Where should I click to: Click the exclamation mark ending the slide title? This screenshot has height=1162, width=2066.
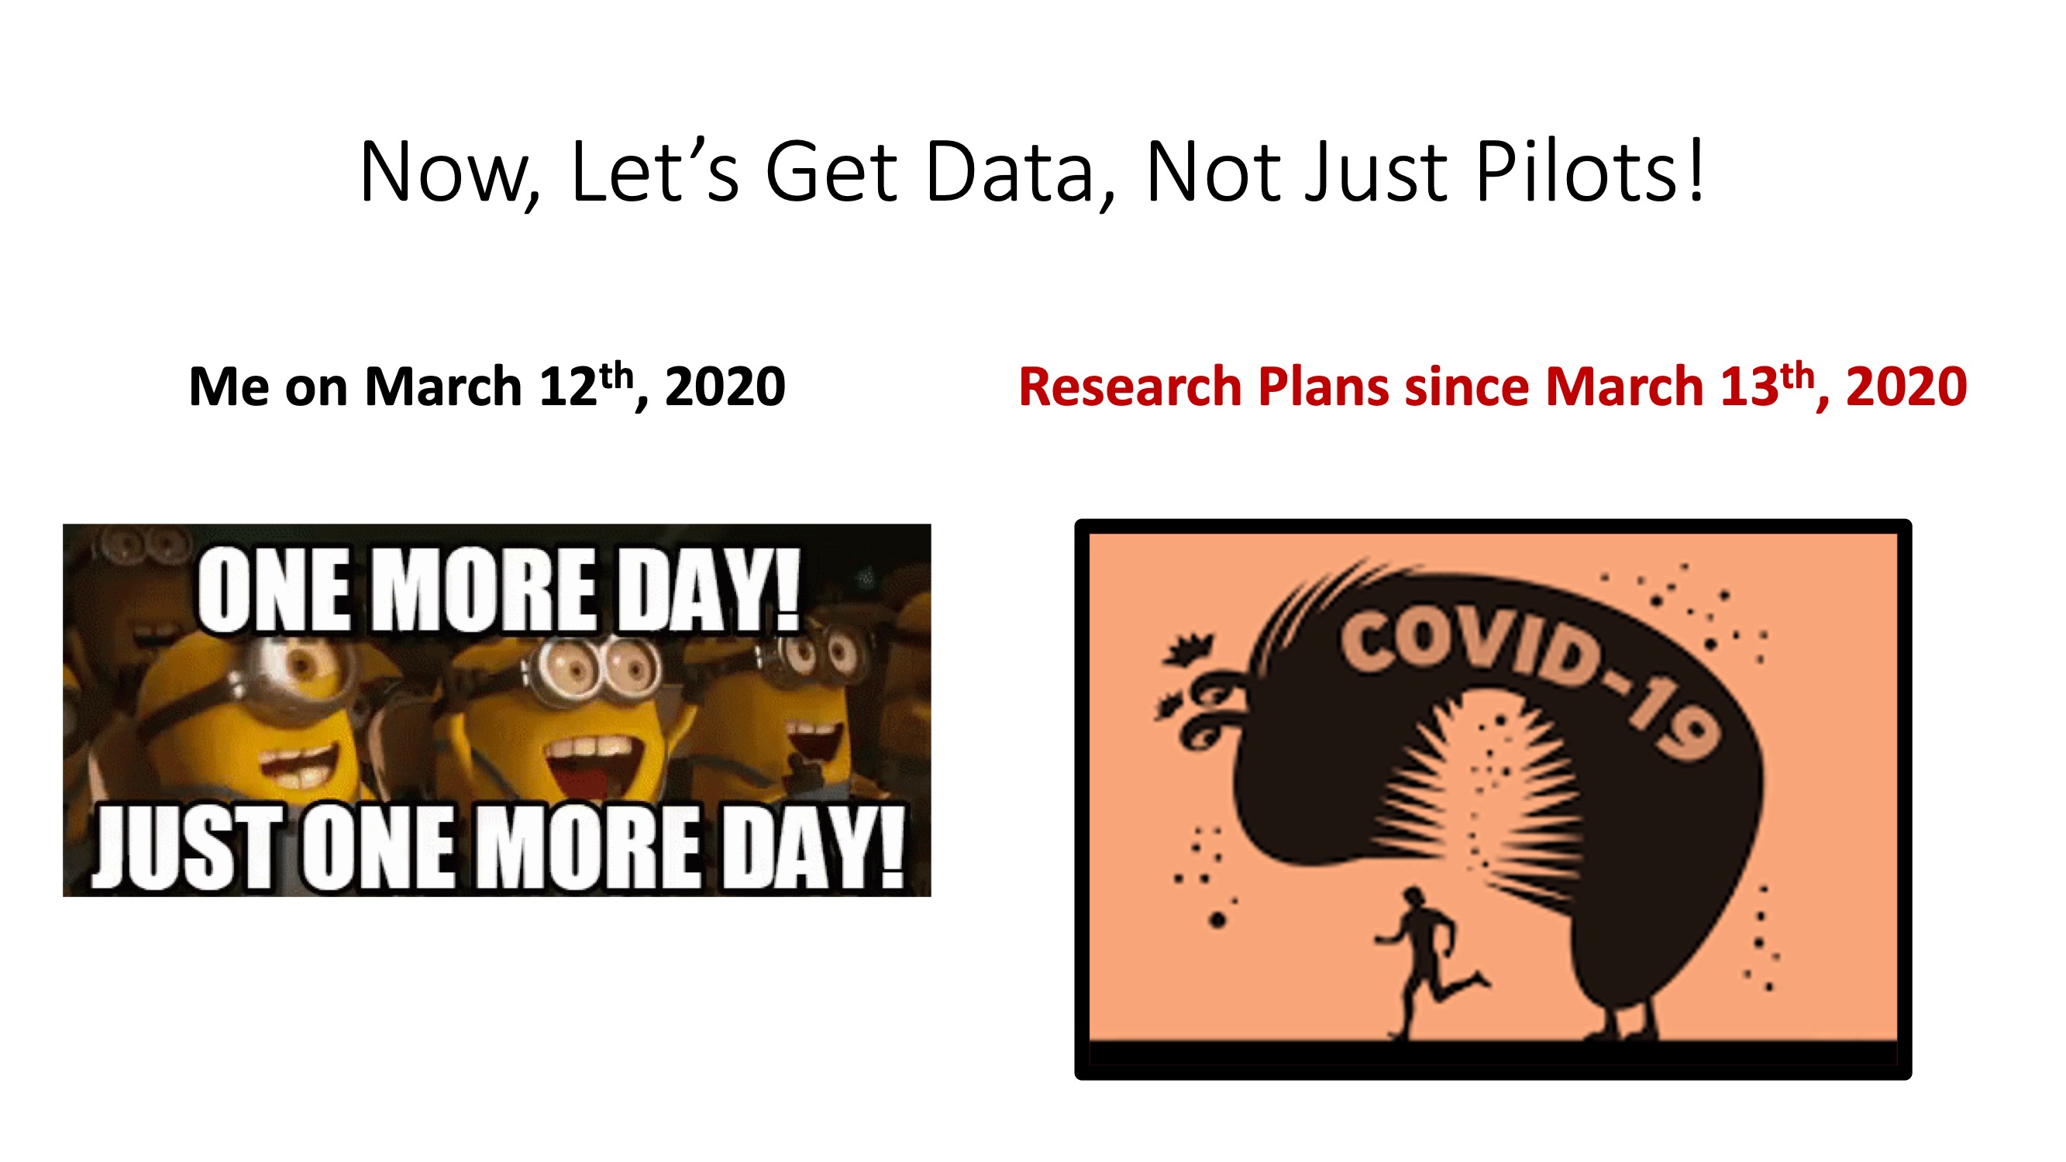coord(1695,170)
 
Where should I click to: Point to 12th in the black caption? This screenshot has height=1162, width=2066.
coord(592,385)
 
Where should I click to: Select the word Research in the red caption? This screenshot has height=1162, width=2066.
coord(1130,387)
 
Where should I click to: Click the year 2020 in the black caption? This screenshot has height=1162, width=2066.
coord(725,387)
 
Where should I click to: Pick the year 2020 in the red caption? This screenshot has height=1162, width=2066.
coord(1906,387)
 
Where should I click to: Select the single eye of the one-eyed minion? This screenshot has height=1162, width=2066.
coord(301,665)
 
